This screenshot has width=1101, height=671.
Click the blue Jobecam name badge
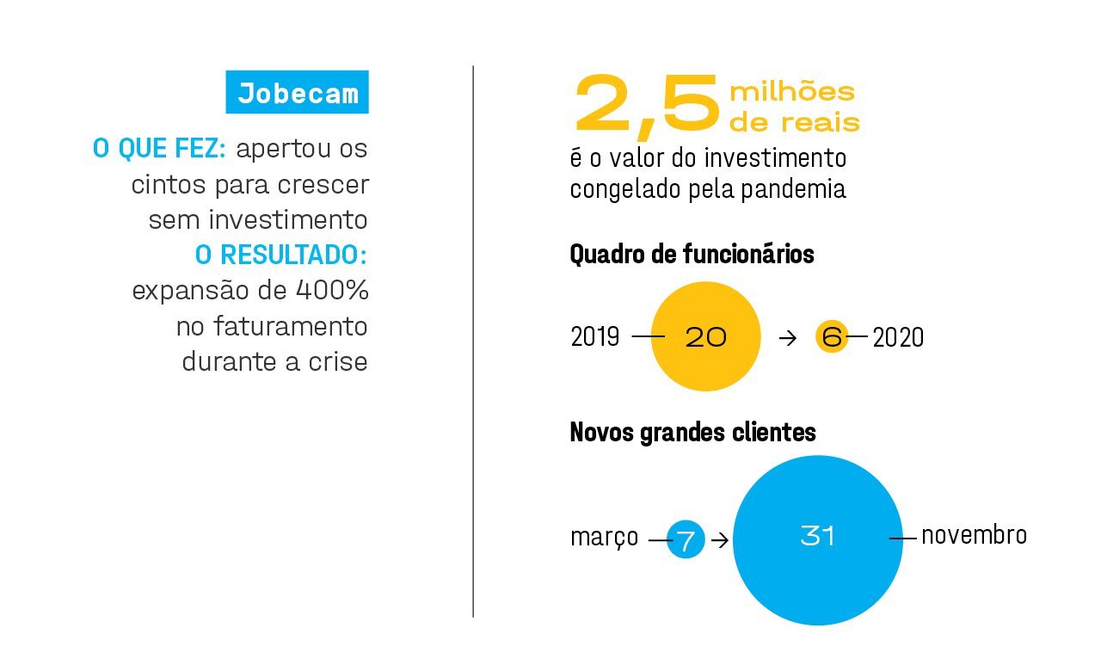(x=297, y=93)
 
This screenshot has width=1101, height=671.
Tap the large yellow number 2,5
(x=647, y=107)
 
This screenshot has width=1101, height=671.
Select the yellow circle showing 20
(x=705, y=336)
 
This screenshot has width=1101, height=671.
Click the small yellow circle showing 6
(x=831, y=337)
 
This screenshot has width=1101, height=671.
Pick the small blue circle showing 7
(x=686, y=540)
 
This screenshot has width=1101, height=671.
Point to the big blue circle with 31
(x=817, y=539)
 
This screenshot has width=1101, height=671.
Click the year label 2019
(x=594, y=337)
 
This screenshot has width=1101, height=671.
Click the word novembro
(x=974, y=535)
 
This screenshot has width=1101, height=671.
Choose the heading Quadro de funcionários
(x=692, y=255)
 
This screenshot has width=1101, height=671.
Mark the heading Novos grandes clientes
(x=692, y=432)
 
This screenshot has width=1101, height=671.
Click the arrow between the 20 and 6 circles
(x=787, y=338)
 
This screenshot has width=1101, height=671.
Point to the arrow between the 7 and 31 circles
(x=720, y=540)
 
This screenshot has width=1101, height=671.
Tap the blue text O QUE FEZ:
(x=159, y=149)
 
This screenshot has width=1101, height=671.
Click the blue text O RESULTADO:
(x=281, y=255)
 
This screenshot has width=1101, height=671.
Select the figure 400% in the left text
(x=331, y=291)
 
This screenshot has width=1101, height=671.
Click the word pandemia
(x=793, y=189)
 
